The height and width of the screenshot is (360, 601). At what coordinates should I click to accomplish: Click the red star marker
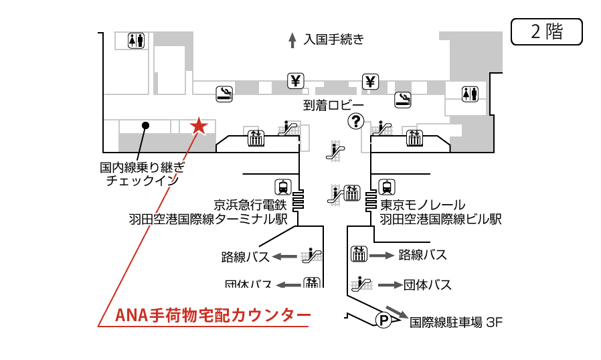pos(199,125)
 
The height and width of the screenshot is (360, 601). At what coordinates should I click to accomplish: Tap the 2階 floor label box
pos(546,31)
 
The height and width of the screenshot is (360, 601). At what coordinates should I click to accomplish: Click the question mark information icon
pos(355,121)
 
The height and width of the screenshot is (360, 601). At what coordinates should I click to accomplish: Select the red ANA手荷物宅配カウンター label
pos(213,314)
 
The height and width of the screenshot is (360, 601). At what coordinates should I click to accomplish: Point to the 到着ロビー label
pos(333,105)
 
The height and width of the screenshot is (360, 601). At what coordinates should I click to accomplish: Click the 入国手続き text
pos(333,39)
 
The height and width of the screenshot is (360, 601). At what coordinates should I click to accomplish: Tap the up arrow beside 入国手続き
pos(292,40)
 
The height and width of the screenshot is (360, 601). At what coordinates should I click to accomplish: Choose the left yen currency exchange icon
pos(296,81)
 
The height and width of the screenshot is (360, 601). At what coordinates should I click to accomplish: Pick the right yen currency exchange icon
pos(371,81)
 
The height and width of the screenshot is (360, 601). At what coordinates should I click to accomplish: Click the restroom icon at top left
pos(137,41)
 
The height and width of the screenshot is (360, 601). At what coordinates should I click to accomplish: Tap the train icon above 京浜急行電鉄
pos(283,187)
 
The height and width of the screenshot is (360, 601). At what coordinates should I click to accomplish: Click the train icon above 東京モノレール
pos(387,187)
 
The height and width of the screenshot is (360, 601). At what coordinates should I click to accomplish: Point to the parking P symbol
pos(384,321)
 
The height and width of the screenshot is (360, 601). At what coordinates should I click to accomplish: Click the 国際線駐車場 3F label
pos(455,323)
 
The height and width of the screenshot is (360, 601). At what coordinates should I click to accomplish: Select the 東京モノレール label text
pos(422,205)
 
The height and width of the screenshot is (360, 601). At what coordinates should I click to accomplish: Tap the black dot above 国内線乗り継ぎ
pos(145,125)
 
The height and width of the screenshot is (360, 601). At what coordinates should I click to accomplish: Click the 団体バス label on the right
pos(427,285)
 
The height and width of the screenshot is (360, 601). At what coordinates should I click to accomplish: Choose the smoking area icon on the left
pos(224,94)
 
